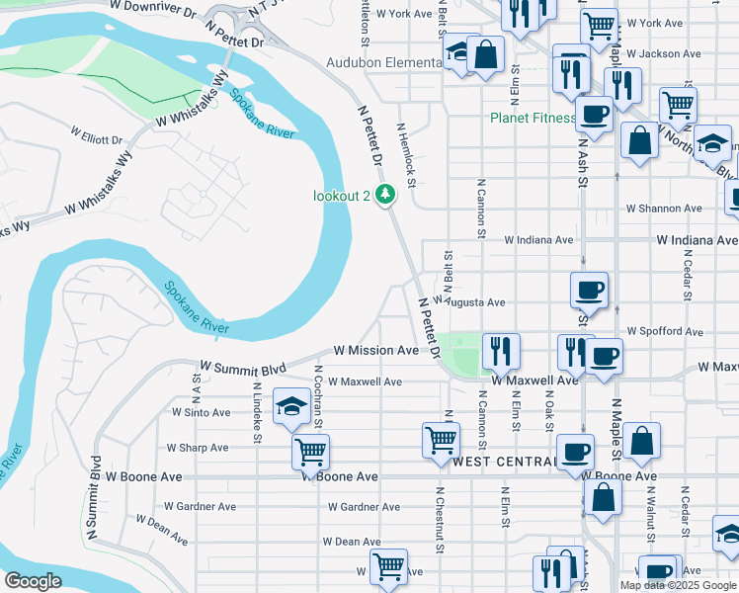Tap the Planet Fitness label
tap(534, 119)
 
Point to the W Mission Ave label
tap(375, 350)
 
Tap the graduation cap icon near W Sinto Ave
tap(291, 406)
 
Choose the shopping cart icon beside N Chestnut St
tap(440, 439)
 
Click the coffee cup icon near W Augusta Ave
tap(590, 290)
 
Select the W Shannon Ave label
tap(664, 209)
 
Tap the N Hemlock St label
tap(406, 154)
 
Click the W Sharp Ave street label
tap(197, 448)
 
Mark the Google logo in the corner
tap(33, 581)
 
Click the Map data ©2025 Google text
tap(678, 585)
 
